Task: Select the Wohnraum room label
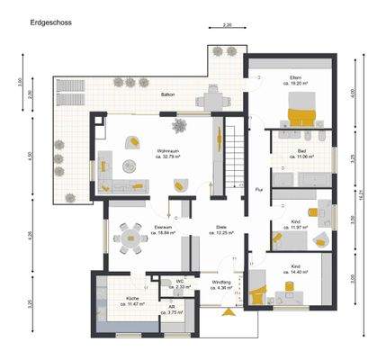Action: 165,149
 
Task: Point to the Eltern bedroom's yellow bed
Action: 300,115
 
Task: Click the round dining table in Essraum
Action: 132,238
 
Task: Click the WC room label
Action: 179,281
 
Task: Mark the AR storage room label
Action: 171,307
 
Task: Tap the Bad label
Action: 301,149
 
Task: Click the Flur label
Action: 258,190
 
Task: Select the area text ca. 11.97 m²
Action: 296,227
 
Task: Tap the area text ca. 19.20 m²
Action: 296,84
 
